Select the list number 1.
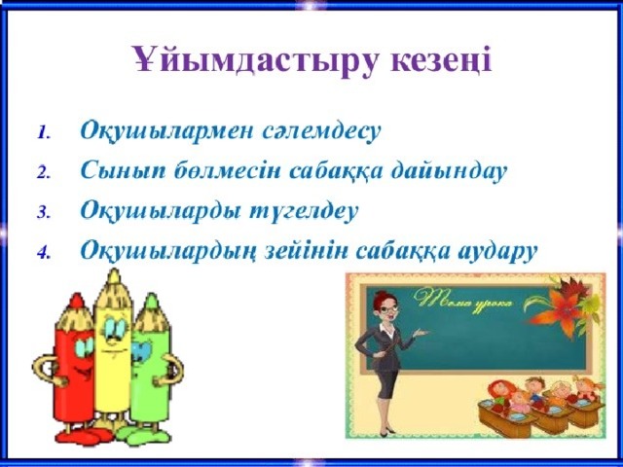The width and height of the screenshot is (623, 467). pyautogui.click(x=43, y=132)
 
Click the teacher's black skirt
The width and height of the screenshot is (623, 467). pyautogui.click(x=384, y=385)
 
